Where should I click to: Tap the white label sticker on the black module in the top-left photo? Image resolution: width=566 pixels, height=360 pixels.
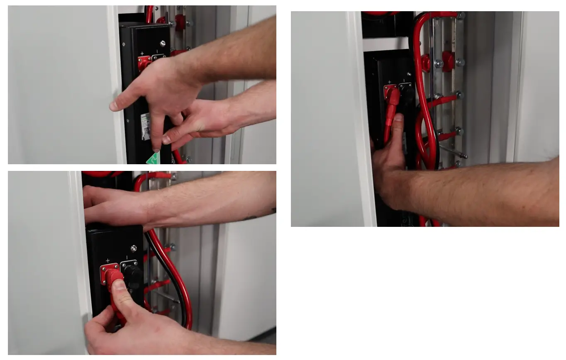click(145, 126)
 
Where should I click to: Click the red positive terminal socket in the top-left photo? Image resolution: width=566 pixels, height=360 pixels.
click(144, 63)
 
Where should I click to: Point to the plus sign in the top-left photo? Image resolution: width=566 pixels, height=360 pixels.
click(142, 54)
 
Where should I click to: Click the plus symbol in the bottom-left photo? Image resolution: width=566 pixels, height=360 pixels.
click(107, 260)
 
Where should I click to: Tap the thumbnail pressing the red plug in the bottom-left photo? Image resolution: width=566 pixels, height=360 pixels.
click(120, 285)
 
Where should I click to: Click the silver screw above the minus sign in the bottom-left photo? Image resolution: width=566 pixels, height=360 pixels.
click(134, 248)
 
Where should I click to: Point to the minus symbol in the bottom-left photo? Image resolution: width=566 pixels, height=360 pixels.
click(127, 258)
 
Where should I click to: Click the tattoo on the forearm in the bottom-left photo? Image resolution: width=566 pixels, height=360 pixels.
click(251, 217)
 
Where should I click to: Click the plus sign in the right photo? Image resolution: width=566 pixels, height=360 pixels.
click(389, 82)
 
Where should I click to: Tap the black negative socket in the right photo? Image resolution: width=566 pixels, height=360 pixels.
click(405, 92)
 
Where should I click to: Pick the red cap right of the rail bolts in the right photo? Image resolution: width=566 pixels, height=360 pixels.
click(448, 61)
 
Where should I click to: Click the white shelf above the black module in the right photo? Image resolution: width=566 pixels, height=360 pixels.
click(385, 44)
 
